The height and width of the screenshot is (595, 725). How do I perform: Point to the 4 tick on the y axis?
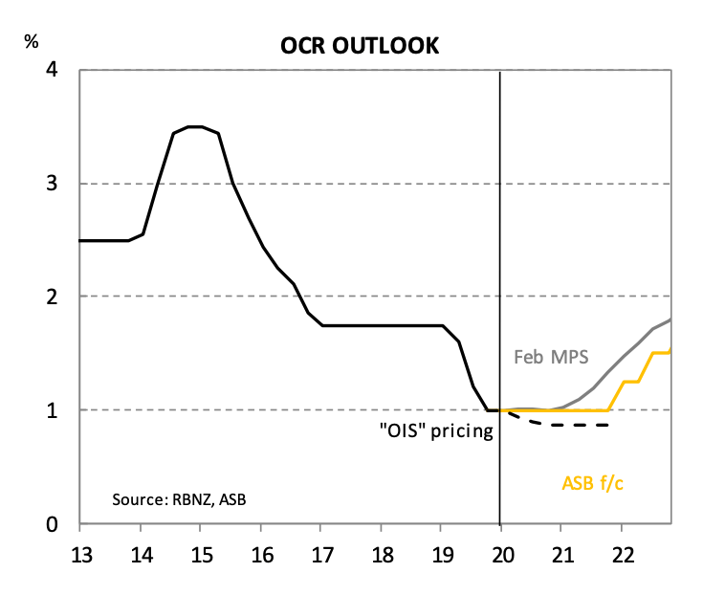click(54, 71)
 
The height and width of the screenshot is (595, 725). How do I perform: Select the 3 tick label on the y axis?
click(54, 184)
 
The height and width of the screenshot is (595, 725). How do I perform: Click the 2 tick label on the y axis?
click(54, 297)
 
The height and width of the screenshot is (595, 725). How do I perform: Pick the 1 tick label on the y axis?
click(54, 410)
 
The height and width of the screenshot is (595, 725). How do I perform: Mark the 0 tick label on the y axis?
click(54, 524)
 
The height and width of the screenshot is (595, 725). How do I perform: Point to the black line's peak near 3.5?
click(194, 126)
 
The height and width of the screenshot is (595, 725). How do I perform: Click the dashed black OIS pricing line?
click(574, 424)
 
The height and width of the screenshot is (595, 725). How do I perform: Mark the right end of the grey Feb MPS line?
click(670, 320)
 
